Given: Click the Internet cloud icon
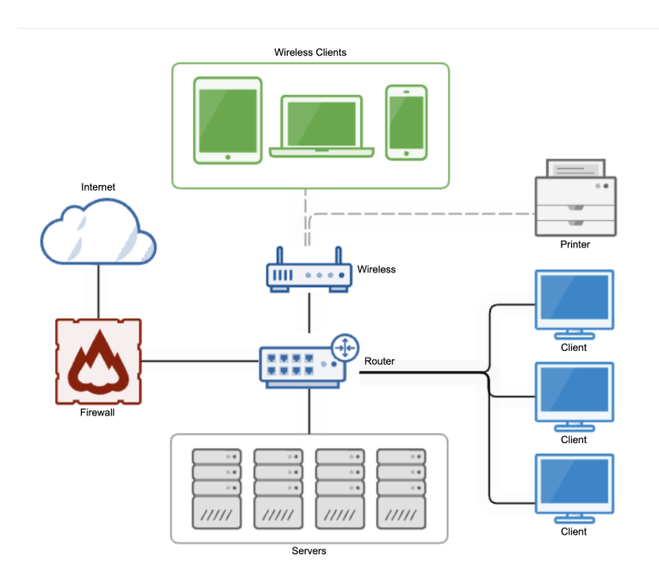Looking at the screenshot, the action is tap(98, 231).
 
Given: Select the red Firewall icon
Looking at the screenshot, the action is tap(98, 361).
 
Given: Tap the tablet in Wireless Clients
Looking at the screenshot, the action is tap(227, 121).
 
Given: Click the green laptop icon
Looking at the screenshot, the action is tap(321, 126).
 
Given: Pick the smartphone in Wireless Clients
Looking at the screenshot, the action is tap(407, 122).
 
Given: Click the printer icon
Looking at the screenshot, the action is tap(575, 197).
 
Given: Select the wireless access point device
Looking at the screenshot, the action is tap(309, 270).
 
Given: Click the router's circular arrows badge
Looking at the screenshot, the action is tap(345, 348).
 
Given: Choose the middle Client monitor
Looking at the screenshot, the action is tap(575, 397).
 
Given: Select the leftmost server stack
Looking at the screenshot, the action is tap(217, 489).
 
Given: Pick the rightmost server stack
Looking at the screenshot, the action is tap(401, 489).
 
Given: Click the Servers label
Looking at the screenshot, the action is tap(309, 551).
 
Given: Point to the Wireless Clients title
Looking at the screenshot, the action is tap(310, 53).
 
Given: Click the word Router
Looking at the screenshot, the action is tap(380, 361).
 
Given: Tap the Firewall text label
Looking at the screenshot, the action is tap(97, 412).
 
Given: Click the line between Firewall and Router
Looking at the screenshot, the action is tap(201, 361).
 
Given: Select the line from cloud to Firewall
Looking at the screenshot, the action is tap(98, 291).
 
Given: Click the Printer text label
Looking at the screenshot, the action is tap(575, 245).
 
